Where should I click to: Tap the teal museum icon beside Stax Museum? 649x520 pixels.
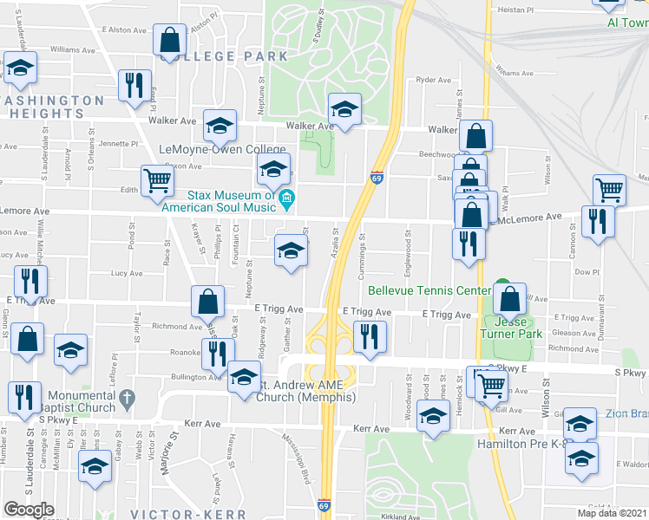coord(287,202)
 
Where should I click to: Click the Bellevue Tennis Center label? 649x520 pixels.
coord(429,290)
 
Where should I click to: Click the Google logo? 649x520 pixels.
coord(29,510)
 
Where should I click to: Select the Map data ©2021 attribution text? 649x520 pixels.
coord(612,513)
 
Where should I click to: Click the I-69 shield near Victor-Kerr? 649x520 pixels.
coord(323,504)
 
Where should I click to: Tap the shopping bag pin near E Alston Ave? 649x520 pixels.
coord(169,39)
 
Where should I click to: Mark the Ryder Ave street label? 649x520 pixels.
coord(434,80)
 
